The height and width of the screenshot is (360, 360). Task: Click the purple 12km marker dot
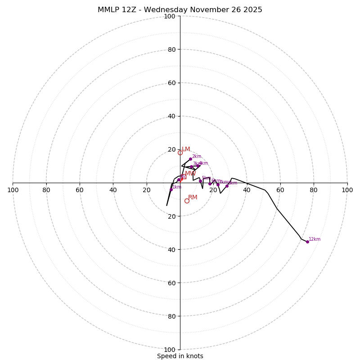[307, 242]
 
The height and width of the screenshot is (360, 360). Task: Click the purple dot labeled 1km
[171, 189]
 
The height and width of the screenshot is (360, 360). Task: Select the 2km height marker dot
[190, 159]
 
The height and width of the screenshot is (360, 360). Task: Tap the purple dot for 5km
[200, 181]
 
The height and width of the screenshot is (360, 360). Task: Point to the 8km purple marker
[227, 186]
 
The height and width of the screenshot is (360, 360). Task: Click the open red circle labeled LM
[180, 153]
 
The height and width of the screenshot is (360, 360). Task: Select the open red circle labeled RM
[187, 201]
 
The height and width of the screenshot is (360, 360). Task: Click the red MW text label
[190, 174]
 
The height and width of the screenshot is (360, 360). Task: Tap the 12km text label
[315, 239]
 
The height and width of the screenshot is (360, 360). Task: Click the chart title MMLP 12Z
[117, 10]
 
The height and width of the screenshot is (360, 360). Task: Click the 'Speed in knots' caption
[180, 356]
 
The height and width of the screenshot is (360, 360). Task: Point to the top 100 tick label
[170, 16]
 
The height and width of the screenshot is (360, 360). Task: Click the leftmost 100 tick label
[13, 190]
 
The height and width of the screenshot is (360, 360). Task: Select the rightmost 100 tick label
[347, 190]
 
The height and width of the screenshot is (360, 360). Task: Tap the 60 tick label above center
[171, 83]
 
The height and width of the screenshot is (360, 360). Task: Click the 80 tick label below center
[171, 316]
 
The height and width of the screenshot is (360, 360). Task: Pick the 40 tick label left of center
[113, 190]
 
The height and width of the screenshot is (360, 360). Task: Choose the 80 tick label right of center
[314, 190]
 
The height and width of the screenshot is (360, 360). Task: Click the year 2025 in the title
[253, 10]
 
